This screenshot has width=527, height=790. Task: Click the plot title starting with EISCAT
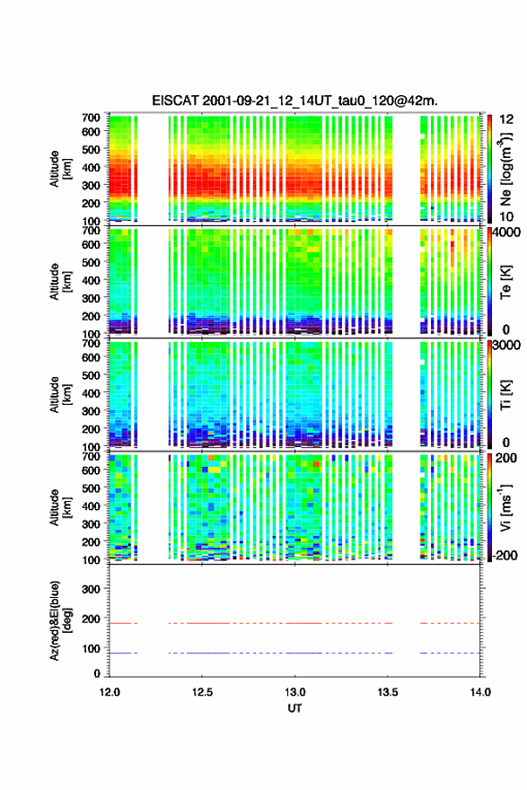point(294,101)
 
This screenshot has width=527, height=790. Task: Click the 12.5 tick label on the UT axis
point(202,692)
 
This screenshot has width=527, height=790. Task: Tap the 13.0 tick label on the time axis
point(294,692)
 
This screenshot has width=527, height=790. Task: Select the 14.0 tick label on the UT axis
point(480,692)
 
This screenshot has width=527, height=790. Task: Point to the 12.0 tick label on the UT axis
point(110,692)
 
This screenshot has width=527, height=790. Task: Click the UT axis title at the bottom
point(294,708)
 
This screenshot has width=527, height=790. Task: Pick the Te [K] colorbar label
point(505,282)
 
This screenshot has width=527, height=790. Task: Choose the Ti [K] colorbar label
point(505,394)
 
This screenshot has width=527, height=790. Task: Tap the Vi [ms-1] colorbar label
point(505,507)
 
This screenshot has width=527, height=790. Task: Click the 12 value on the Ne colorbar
point(506,119)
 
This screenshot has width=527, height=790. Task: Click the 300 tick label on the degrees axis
point(92,589)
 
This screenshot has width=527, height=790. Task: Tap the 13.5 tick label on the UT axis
point(388,692)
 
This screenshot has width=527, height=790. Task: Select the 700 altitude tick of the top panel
point(92,118)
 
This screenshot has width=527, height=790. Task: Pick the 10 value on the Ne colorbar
point(506,216)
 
